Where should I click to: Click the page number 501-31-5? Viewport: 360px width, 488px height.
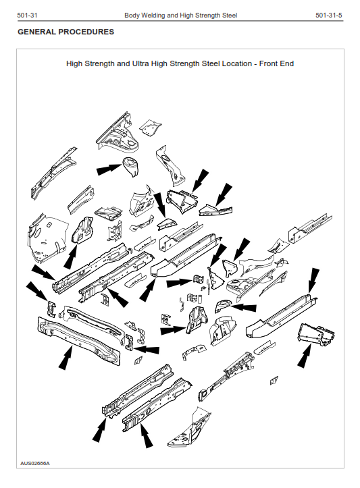click(328, 16)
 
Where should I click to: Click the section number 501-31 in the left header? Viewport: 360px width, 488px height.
click(28, 16)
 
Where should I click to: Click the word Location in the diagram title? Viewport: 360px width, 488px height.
click(236, 64)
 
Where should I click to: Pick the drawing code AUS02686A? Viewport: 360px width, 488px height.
click(35, 463)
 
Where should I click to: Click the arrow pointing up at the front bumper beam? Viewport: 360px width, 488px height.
click(66, 358)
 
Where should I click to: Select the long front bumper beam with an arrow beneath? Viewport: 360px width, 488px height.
click(78, 341)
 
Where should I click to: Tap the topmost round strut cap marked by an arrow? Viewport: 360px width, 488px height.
click(131, 165)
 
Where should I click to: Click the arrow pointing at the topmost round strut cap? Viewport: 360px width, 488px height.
click(109, 169)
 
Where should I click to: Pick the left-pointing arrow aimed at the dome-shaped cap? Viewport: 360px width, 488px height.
click(244, 308)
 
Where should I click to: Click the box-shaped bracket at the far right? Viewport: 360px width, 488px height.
click(316, 335)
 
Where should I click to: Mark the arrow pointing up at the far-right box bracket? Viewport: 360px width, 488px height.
click(305, 356)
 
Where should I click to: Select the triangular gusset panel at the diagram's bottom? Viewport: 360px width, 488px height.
click(190, 428)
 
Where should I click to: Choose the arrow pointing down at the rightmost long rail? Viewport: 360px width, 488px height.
click(313, 281)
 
